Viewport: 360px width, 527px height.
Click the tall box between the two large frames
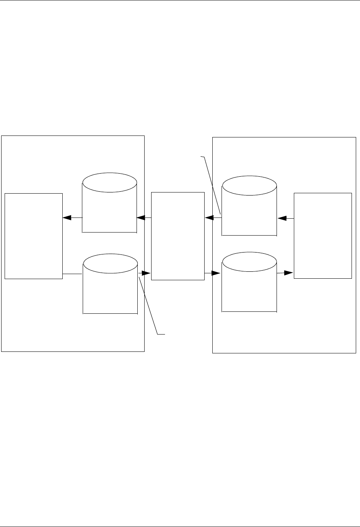click(178, 236)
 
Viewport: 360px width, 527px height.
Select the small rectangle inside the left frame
click(33, 236)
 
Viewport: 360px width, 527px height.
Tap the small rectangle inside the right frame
click(323, 235)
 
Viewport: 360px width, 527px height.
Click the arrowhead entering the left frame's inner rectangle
click(67, 218)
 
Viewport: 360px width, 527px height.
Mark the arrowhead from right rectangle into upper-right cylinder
click(282, 218)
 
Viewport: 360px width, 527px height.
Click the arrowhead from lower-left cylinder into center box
click(145, 273)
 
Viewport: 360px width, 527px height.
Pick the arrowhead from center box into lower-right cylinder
click(215, 273)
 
